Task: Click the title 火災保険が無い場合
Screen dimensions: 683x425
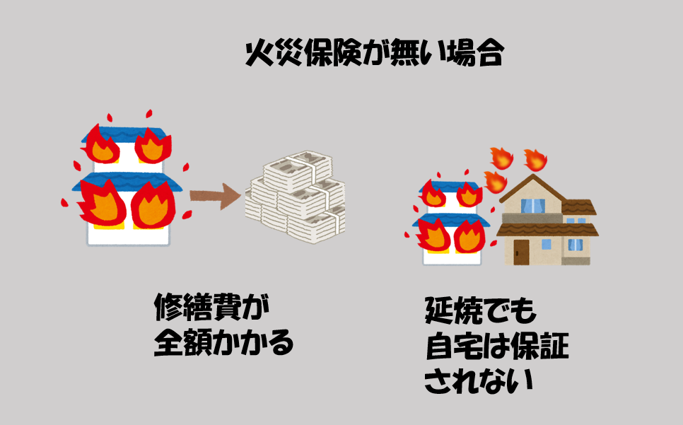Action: coord(375,53)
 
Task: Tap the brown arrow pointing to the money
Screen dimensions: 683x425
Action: coord(215,196)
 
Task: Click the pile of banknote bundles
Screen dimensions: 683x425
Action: coord(296,197)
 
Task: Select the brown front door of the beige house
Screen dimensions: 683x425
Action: coord(521,252)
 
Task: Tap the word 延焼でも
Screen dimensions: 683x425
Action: coord(479,310)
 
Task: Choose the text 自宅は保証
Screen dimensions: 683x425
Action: coord(497,347)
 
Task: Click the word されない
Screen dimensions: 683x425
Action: coord(478,381)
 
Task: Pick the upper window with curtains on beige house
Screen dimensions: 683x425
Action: coord(532,206)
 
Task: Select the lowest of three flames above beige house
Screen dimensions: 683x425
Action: coord(496,182)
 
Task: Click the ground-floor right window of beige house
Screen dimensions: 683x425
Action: coord(576,245)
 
